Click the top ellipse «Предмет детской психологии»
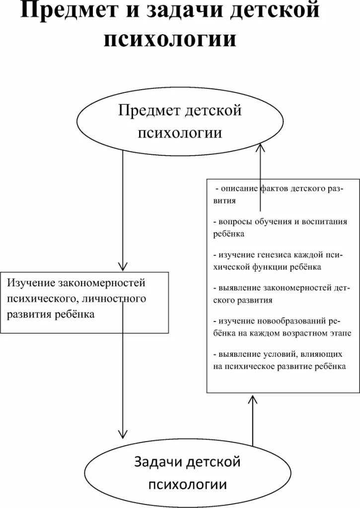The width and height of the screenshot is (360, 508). [x=179, y=122]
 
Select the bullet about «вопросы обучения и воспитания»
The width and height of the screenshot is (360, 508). [x=280, y=227]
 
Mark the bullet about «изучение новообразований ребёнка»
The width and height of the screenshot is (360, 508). [x=281, y=326]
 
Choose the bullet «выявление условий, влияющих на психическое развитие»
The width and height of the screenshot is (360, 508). [x=279, y=360]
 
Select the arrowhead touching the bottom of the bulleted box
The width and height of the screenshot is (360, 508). [x=252, y=399]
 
